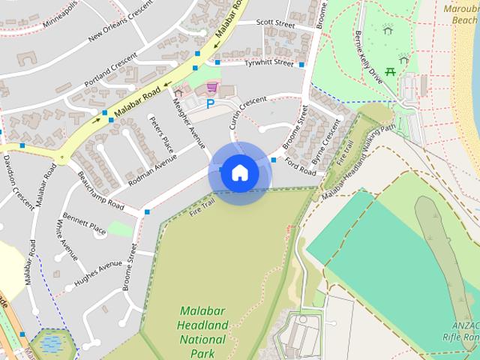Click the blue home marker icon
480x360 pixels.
tap(239, 173)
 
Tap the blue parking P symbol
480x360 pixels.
tap(211, 104)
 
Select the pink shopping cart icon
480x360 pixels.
tap(213, 87)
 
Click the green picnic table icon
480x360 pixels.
tap(390, 72)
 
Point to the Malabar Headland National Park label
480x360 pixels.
tap(203, 331)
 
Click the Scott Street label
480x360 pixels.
tap(274, 23)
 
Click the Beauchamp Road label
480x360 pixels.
tap(100, 191)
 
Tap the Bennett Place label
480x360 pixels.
tap(85, 223)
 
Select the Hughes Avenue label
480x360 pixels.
tap(97, 273)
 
